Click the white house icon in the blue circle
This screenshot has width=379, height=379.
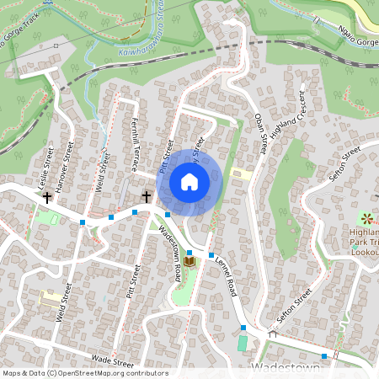tap(189, 182)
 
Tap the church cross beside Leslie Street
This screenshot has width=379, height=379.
tap(47, 198)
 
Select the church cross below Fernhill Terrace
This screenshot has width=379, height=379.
tap(147, 197)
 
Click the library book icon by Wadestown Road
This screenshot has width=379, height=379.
tap(189, 263)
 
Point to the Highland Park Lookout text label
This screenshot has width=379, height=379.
tap(365, 243)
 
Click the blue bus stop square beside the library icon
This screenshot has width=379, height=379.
tap(189, 253)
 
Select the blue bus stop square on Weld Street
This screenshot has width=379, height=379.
tap(82, 222)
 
